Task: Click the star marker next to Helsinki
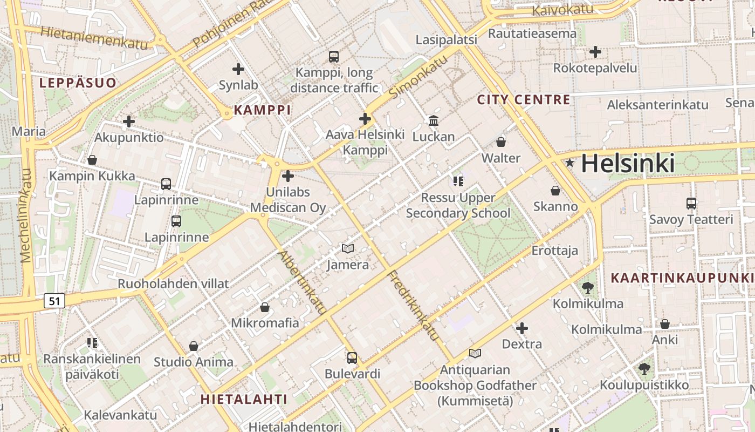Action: point(569,163)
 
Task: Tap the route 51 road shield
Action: point(54,301)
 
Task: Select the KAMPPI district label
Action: point(262,110)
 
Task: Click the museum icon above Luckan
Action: point(434,120)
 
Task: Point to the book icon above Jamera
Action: point(348,248)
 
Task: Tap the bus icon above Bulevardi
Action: point(352,357)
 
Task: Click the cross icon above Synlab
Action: point(238,69)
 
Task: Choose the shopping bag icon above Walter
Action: point(501,142)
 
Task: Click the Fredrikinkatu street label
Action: point(414,305)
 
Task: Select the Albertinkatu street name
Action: point(302,282)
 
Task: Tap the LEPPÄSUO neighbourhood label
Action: point(78,83)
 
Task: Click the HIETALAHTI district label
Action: point(244,400)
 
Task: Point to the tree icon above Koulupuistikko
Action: point(644,369)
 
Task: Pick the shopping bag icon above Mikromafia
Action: point(265,307)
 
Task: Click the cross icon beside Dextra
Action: point(521,328)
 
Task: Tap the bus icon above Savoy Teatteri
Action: point(691,203)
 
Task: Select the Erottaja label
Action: point(554,251)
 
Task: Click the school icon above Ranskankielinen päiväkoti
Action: point(92,342)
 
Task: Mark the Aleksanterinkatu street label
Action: point(657,105)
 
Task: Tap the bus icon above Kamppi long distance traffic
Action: point(334,56)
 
